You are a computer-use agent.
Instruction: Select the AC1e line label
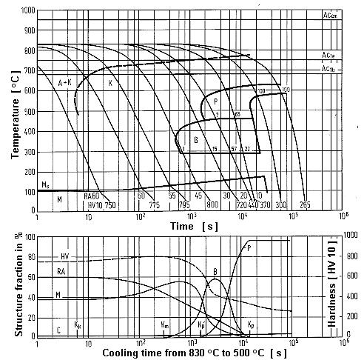328,55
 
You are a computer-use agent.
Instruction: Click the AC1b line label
328,69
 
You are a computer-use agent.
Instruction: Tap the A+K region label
66,83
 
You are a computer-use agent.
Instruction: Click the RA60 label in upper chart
92,196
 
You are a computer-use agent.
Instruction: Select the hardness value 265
304,204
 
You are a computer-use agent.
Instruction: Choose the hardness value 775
154,204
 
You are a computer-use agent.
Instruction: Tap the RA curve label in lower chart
62,273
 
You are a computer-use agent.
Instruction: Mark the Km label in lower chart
165,324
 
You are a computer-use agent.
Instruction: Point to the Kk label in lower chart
78,324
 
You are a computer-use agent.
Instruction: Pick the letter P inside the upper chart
215,101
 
